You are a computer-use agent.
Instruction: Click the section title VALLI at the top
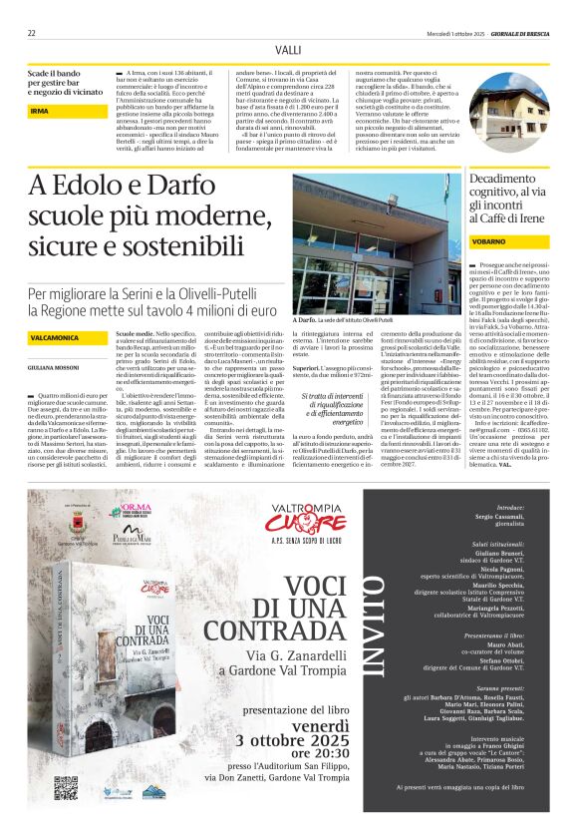[x=288, y=49]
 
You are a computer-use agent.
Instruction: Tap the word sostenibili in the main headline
[x=210, y=242]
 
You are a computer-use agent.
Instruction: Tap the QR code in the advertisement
[x=66, y=787]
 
